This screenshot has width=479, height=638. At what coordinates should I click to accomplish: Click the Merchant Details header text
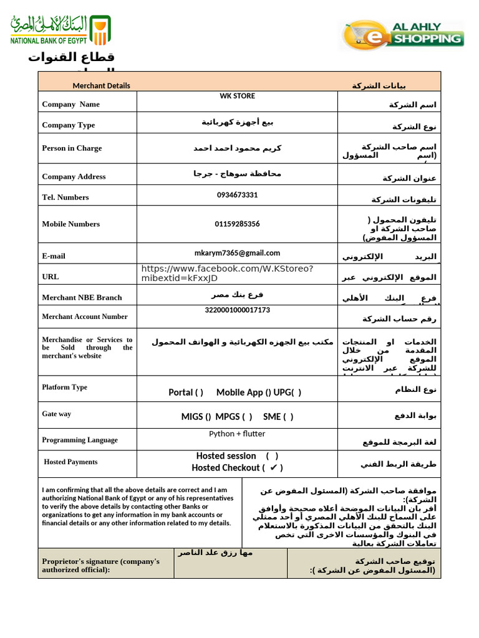point(101,85)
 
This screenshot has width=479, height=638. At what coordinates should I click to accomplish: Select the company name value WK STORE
point(237,96)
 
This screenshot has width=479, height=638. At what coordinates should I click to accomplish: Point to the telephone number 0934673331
point(237,195)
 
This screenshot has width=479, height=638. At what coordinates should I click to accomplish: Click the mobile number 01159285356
point(237,224)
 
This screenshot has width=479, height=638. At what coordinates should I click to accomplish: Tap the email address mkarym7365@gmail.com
point(237,253)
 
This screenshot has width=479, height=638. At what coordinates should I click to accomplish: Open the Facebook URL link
point(227,273)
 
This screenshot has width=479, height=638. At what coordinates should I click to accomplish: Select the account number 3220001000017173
point(237,310)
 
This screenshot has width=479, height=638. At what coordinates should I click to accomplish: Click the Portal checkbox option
point(186,393)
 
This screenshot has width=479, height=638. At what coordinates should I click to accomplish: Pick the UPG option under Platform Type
point(288,393)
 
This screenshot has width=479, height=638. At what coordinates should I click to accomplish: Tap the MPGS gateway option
point(234,417)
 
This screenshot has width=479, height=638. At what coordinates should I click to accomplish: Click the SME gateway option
point(278,417)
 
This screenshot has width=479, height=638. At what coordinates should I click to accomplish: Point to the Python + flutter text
point(237,434)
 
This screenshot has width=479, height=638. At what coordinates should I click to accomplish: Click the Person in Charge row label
point(72,148)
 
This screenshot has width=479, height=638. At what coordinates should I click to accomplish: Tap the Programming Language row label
point(80,440)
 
